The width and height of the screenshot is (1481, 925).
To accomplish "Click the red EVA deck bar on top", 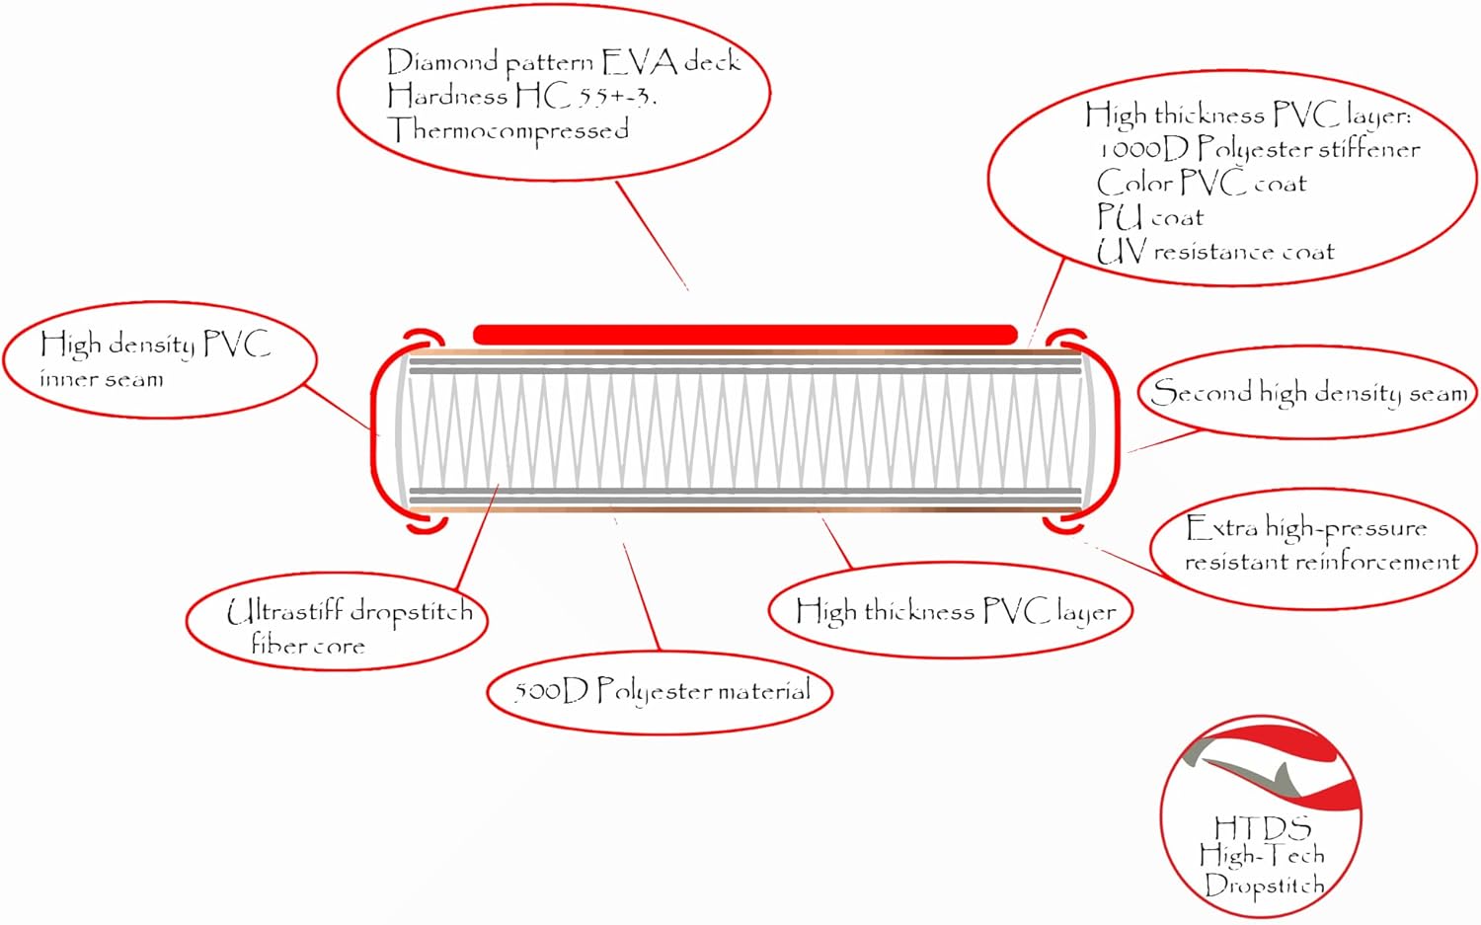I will (744, 335).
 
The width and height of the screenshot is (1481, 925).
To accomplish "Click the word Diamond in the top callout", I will (441, 62).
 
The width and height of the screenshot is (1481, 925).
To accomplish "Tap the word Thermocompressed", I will (508, 130).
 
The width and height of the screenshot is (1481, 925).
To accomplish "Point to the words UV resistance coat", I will (1215, 252).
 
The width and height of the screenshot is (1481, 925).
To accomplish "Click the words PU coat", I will (1150, 217).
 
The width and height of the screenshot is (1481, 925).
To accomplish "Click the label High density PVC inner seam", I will (155, 359).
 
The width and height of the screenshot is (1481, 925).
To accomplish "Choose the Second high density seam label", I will (1309, 393).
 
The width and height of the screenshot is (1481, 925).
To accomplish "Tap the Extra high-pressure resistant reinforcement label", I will (1321, 544).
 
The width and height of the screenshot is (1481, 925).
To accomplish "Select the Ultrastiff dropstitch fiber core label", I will (349, 626).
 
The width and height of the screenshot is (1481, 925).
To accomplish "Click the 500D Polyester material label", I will (661, 691).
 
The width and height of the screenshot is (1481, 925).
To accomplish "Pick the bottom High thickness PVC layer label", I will (955, 611).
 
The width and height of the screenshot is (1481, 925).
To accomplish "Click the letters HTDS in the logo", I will (1262, 826).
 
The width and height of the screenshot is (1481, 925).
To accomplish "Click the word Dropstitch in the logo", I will (1264, 885).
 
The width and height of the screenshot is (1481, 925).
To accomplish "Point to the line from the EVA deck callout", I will (652, 235).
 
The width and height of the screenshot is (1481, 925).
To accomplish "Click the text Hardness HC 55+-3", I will (521, 96).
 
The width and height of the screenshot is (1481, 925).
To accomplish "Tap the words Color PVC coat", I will (1201, 184).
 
